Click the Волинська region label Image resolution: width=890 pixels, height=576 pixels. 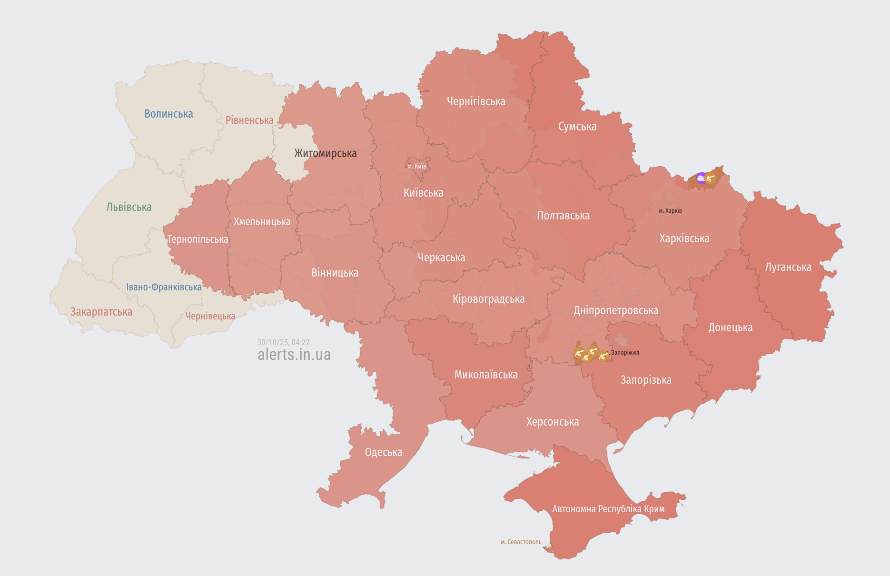[x=168, y=114]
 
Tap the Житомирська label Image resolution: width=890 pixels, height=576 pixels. [x=325, y=153]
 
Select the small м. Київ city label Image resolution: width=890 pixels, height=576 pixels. [x=417, y=166]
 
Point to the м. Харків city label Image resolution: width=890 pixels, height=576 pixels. [x=670, y=210]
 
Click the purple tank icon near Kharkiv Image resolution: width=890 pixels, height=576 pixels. [x=701, y=179]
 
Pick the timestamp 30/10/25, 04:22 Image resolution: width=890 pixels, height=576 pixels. [x=283, y=342]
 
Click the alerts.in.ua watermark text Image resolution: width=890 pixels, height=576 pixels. [x=294, y=355]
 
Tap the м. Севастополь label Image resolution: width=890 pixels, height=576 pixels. [x=521, y=542]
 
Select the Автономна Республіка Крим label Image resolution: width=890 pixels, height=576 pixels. [x=608, y=509]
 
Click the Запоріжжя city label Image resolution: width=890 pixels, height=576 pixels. [x=625, y=353]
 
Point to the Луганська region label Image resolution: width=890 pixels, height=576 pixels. [x=788, y=267]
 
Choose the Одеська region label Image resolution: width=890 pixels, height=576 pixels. [x=383, y=452]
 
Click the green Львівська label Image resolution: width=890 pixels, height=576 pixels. [x=129, y=207]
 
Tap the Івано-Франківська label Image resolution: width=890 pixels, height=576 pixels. [x=164, y=287]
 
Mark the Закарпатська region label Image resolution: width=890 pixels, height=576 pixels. [x=101, y=312]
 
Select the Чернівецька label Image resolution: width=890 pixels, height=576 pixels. [x=210, y=316]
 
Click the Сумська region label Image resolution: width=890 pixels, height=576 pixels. [x=577, y=127]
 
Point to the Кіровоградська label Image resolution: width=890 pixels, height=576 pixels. [x=488, y=299]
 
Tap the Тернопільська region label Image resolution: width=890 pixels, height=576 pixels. [x=198, y=239]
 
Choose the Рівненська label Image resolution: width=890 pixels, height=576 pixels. [x=249, y=120]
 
